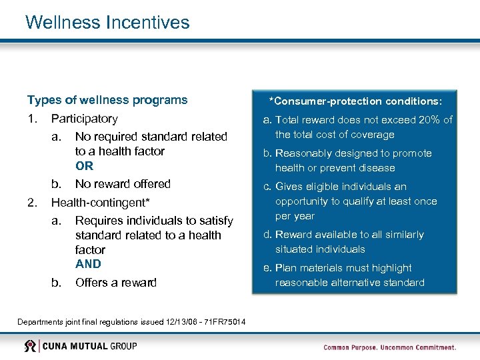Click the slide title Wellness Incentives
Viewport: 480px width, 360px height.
click(107, 22)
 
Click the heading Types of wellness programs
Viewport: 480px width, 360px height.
click(107, 100)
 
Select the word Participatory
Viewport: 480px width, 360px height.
click(85, 119)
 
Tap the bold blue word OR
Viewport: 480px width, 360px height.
click(85, 165)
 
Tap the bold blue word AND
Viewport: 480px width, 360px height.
click(88, 263)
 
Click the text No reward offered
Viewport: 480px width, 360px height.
click(123, 183)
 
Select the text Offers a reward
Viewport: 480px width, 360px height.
click(116, 282)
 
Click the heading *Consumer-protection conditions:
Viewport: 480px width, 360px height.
click(355, 101)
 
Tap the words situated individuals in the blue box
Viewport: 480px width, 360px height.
click(320, 249)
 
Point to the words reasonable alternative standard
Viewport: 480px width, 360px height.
click(350, 283)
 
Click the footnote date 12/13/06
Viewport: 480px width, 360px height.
click(174, 322)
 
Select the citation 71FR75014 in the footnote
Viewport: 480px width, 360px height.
click(223, 322)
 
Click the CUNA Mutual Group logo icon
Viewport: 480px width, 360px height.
click(31, 346)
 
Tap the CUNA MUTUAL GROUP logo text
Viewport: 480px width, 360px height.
click(91, 346)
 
